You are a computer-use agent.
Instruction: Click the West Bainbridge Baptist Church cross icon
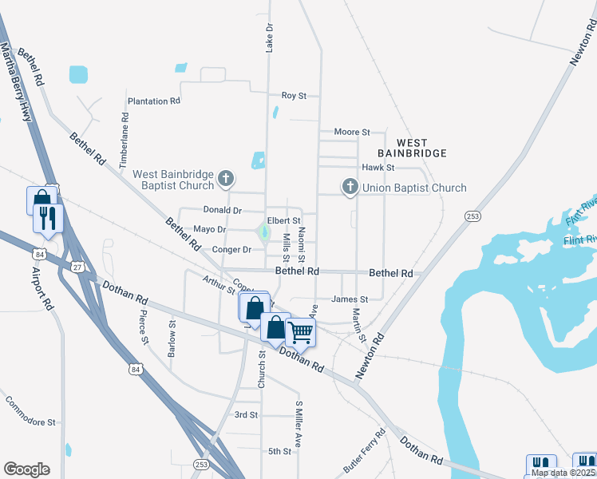(x=227, y=178)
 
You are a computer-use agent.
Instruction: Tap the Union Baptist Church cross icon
(x=350, y=187)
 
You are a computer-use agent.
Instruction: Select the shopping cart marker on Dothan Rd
(x=301, y=331)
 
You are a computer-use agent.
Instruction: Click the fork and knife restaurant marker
(x=48, y=218)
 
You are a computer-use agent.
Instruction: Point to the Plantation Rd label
(x=153, y=101)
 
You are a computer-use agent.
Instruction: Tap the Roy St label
(x=294, y=96)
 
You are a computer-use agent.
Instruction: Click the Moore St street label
(x=352, y=132)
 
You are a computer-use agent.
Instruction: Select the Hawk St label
(x=378, y=168)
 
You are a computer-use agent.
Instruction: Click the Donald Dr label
(x=222, y=211)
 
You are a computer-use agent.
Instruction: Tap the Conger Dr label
(x=231, y=250)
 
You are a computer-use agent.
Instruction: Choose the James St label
(x=350, y=299)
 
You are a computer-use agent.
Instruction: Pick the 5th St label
(x=279, y=451)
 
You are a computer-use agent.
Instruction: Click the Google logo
(x=26, y=469)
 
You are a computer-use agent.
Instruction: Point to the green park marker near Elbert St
(x=263, y=233)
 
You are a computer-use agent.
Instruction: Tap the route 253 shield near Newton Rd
(x=473, y=216)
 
